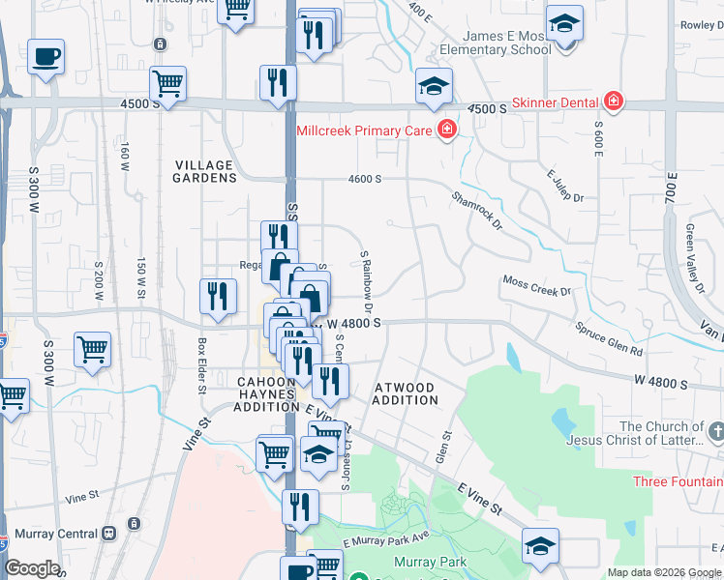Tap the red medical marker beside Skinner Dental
613,101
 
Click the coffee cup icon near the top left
45,56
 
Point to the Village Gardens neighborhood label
204,171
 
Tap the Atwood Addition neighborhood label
404,393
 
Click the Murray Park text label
430,562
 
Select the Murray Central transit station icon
109,533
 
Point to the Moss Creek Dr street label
537,285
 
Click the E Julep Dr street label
566,186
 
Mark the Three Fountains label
678,481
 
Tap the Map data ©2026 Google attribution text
663,572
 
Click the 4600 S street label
365,179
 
